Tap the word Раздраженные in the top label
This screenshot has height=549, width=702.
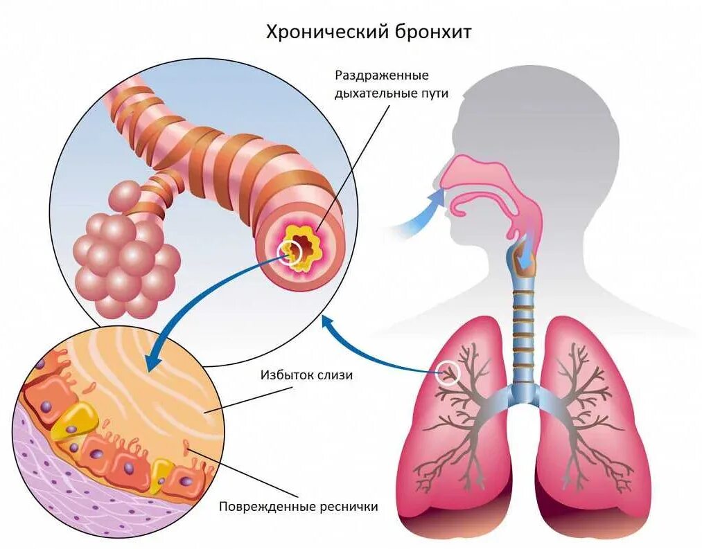(382, 75)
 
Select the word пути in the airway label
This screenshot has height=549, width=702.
(435, 93)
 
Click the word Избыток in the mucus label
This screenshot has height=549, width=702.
(283, 376)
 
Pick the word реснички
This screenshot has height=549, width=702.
(346, 507)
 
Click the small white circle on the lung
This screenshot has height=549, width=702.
(449, 373)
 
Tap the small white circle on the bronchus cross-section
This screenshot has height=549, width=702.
(289, 252)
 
